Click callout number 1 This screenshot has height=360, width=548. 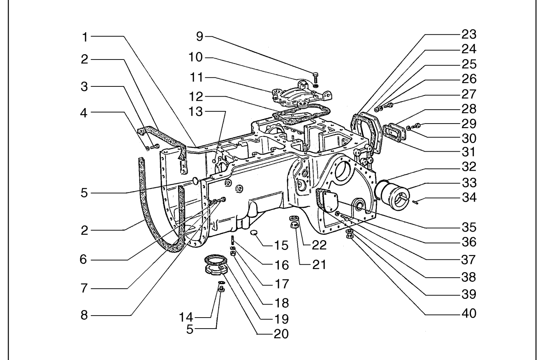(85, 37)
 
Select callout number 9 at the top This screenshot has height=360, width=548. (200, 37)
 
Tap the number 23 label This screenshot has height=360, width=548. (469, 35)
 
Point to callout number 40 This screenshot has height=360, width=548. (469, 314)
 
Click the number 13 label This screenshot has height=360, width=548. (195, 112)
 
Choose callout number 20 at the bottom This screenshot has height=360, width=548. (281, 334)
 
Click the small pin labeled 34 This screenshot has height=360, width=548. (416, 202)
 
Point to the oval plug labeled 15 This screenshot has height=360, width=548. (254, 232)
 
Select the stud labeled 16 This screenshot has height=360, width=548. (232, 240)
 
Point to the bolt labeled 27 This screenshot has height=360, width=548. (388, 106)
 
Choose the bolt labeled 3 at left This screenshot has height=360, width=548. (155, 147)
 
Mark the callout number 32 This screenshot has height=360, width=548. (469, 167)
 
